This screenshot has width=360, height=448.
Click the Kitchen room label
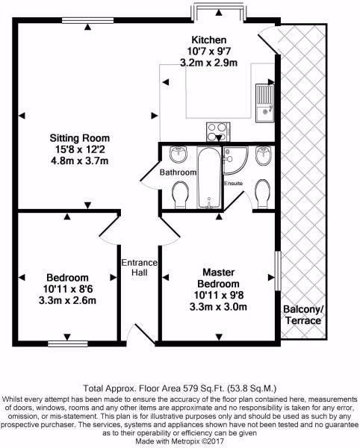pos(208,40)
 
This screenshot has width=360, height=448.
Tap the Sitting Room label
pos(80,138)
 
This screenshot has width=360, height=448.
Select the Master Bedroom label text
pos(219,279)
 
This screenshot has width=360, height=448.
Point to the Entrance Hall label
pos(140,267)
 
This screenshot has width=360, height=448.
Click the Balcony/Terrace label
pos(303,314)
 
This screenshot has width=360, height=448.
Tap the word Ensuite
pos(233,183)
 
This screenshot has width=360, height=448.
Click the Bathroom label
pos(178,172)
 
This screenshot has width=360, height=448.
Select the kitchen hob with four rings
pos(218,131)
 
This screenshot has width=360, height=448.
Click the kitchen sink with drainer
pos(265,104)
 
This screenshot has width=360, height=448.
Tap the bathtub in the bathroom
pos(209,178)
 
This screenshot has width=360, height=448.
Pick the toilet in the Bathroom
pos(180,195)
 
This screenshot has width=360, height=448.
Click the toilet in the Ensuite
pos(262,194)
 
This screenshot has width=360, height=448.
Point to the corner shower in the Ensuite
pos(235,161)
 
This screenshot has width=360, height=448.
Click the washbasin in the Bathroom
pos(179,154)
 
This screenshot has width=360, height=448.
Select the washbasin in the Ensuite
pos(264,156)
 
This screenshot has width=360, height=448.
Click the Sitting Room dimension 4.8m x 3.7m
pos(80,161)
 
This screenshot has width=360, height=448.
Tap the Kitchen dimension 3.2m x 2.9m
pos(208,62)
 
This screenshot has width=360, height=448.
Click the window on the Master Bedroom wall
pos(278,271)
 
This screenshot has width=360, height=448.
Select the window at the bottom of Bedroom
pos(68,343)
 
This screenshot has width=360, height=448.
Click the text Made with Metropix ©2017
pos(180,441)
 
